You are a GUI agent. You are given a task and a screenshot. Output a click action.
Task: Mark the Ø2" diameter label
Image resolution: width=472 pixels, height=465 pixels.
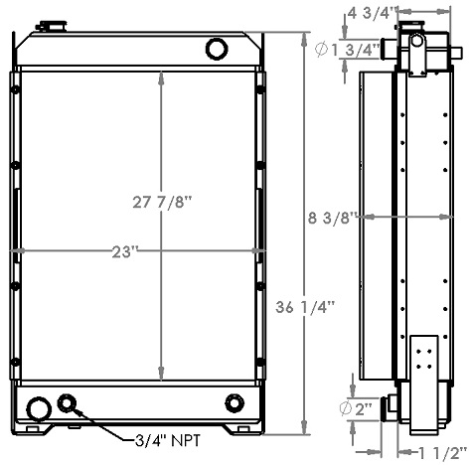362,408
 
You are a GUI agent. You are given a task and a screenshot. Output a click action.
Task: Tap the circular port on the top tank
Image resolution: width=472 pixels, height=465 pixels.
216,48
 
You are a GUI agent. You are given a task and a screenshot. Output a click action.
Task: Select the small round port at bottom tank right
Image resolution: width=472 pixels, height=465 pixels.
235,402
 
